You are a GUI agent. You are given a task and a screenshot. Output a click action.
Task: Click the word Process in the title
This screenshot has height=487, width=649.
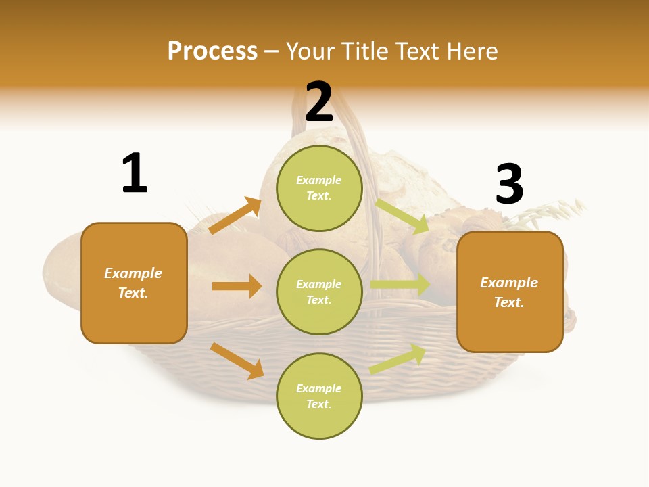[212, 51]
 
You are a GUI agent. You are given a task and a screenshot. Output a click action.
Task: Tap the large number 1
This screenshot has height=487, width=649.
[135, 173]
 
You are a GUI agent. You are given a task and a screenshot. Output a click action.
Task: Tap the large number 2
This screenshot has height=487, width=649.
[319, 102]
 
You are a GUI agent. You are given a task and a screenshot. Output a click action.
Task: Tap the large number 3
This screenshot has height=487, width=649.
[509, 185]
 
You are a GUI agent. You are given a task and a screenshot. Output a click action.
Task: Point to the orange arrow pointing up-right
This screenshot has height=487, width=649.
[235, 216]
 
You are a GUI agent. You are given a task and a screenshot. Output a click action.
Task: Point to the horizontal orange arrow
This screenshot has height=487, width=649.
[237, 286]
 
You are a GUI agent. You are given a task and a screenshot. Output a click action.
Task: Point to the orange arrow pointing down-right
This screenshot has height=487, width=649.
[237, 361]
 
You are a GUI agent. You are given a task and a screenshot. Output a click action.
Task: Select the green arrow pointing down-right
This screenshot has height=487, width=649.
[402, 216]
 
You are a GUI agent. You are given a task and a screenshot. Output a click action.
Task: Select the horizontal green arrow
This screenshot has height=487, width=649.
[400, 284]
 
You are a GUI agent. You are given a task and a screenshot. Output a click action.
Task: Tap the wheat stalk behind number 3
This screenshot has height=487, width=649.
[554, 212]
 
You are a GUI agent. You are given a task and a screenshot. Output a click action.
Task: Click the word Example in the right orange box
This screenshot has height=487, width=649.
[509, 283]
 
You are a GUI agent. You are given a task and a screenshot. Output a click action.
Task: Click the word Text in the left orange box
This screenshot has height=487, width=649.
[133, 293]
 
